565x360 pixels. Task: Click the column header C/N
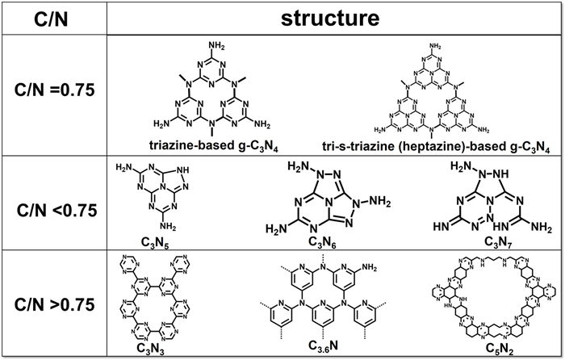coord(53,18)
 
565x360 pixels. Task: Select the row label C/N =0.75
coord(53,90)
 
